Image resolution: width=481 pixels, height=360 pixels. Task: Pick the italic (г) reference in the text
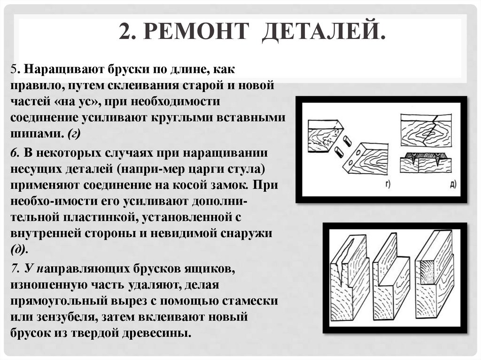point(74,134)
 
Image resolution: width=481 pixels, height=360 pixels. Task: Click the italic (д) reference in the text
point(19,248)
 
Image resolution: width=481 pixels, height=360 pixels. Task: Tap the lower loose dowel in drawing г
point(339,152)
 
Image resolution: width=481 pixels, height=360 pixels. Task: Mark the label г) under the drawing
point(388,184)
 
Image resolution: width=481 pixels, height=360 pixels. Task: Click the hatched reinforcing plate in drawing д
point(425,155)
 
